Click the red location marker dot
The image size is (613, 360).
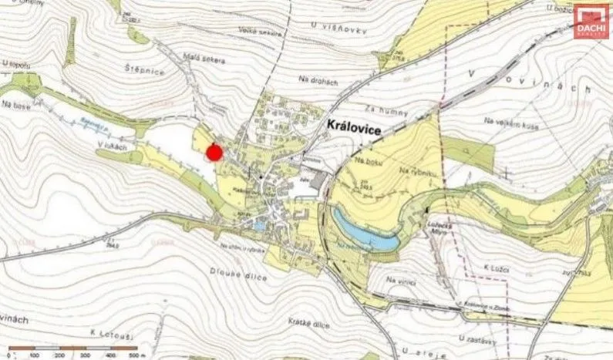click(215, 153)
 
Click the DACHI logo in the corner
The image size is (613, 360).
click(590, 22)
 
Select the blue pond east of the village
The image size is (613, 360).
click(364, 230)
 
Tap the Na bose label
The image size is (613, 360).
click(15, 103)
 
